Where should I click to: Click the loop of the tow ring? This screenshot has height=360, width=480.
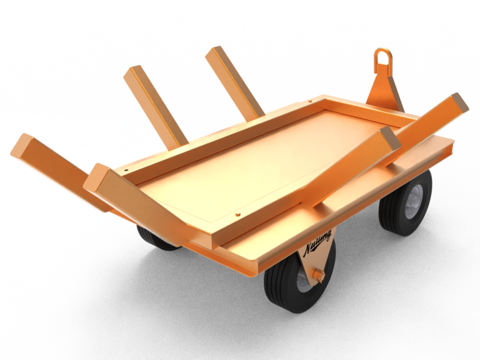382,58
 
